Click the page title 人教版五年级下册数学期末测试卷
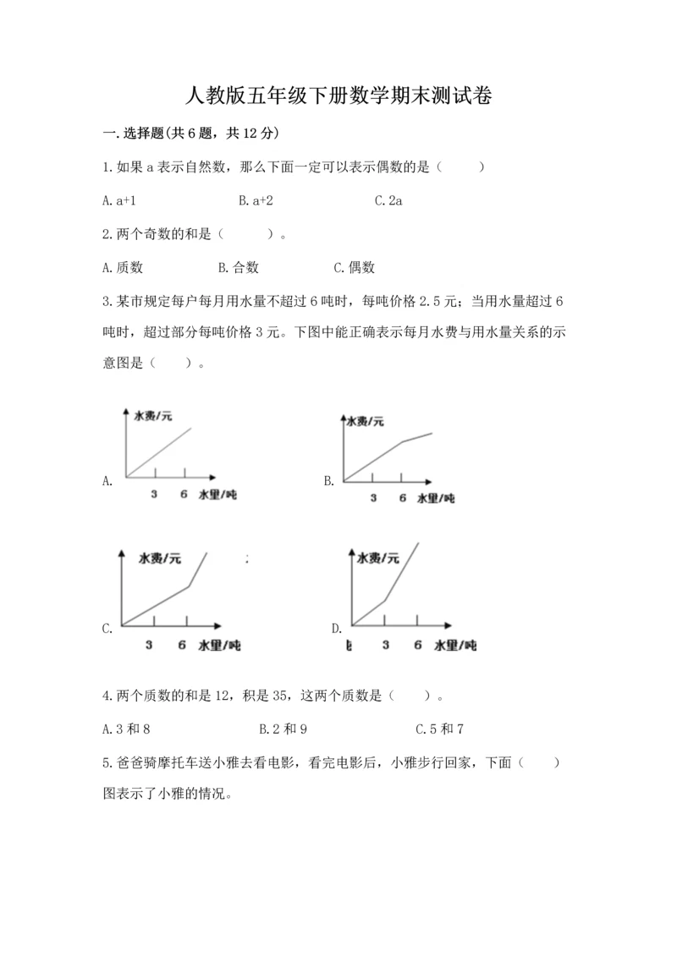[x=338, y=96]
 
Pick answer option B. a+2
[x=256, y=200]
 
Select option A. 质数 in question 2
[x=122, y=268]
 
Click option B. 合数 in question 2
[x=238, y=268]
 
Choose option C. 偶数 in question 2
[x=354, y=268]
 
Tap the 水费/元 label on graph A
[x=152, y=416]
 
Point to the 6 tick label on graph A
[x=184, y=494]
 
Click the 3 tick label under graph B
[x=373, y=498]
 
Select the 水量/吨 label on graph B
[x=436, y=498]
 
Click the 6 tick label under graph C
[x=182, y=645]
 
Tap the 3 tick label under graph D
[x=386, y=645]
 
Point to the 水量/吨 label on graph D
[x=454, y=645]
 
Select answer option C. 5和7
[x=440, y=728]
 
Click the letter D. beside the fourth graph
[x=337, y=628]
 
